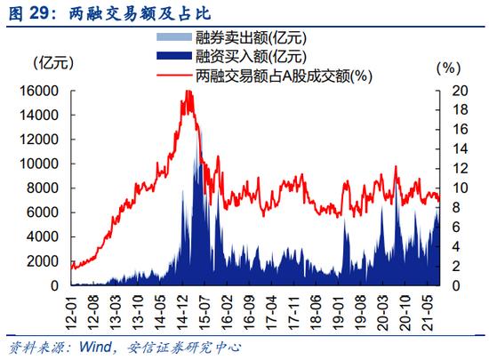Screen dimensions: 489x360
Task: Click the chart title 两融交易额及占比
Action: pos(140,13)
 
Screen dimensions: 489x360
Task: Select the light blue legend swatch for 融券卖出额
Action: pos(174,36)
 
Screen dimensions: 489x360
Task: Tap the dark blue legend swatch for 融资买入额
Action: pos(174,56)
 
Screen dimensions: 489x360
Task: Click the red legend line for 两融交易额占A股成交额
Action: pos(174,75)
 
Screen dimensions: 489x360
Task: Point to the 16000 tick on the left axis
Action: pos(39,91)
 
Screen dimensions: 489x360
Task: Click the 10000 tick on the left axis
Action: pos(39,164)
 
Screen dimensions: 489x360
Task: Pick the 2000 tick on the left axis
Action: pos(43,261)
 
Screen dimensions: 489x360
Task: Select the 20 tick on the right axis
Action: pos(460,91)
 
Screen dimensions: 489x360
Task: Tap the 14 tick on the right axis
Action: pos(460,149)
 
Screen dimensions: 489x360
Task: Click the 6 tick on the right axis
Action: pos(456,227)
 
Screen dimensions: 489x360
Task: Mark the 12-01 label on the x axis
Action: pos(71,312)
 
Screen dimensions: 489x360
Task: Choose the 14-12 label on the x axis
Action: pos(182,312)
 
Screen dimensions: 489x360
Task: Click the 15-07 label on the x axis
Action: pos(204,312)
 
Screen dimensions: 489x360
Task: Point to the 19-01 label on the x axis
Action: pos(338,312)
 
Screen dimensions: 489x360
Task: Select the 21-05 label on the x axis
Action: pos(428,312)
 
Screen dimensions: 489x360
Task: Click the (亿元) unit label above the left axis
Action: pos(53,63)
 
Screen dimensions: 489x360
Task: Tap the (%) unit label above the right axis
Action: pos(448,68)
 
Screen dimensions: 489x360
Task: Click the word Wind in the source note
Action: pos(95,347)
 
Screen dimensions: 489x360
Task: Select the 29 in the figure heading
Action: pos(39,13)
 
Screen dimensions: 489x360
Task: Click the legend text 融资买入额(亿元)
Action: pos(251,56)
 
